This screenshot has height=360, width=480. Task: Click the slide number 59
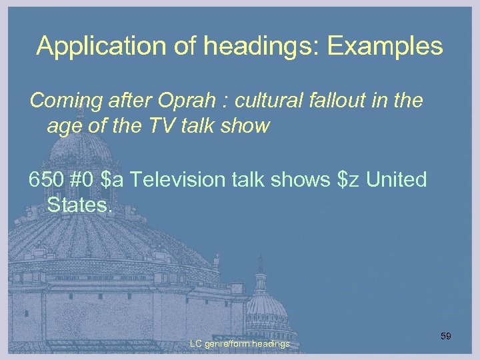[445, 336]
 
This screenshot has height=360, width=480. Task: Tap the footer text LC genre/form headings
[239, 343]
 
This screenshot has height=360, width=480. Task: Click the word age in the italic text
[63, 126]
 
